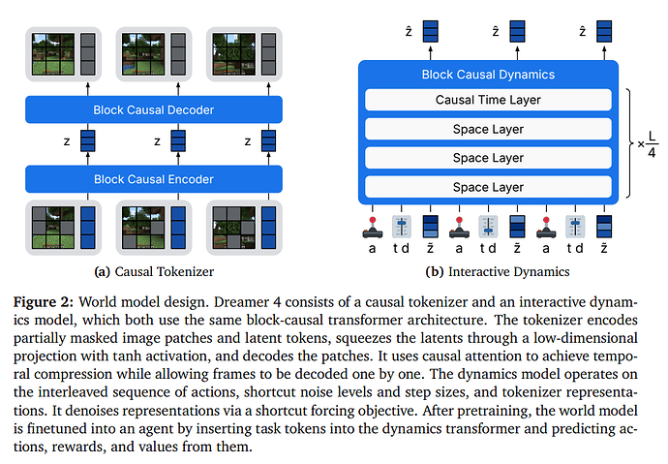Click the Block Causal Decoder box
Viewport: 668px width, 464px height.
click(155, 109)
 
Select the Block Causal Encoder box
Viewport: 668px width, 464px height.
click(155, 179)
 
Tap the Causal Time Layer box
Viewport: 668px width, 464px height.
click(488, 99)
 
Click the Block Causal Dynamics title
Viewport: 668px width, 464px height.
click(488, 74)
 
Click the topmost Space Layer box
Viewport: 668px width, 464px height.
click(488, 129)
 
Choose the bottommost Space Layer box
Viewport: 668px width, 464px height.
click(488, 186)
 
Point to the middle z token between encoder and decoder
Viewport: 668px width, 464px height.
click(178, 142)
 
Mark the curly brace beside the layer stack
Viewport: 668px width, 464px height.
click(629, 143)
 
